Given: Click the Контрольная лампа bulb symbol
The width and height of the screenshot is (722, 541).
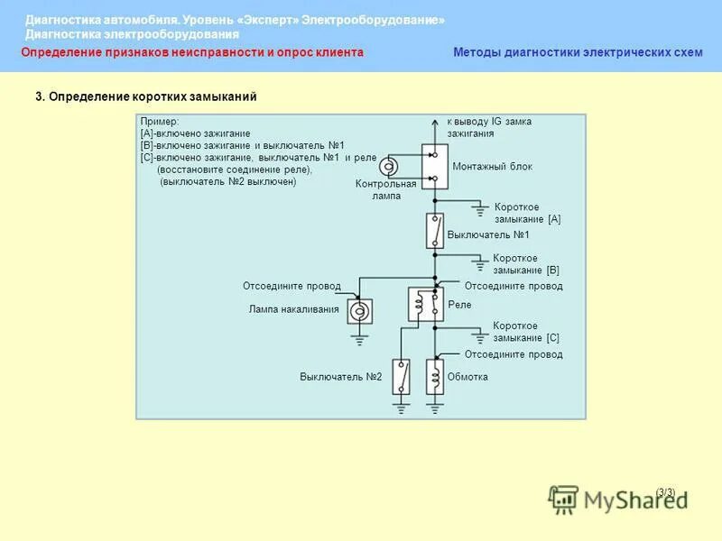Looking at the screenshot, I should click(389, 167).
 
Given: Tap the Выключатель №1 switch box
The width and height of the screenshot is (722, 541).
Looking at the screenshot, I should click(435, 232).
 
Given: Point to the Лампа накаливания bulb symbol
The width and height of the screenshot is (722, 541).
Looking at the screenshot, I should click(359, 311).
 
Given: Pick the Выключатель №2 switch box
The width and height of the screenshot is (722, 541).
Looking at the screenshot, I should click(403, 377).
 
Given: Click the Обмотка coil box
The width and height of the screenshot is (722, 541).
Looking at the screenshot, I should click(435, 377).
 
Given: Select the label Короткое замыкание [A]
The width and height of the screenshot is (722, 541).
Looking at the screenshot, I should click(527, 213).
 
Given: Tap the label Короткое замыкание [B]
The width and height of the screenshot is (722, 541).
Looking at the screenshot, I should click(526, 264).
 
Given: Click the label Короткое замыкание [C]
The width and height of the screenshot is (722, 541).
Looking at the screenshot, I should click(526, 332).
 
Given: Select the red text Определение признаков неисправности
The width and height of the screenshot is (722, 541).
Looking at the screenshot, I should click(191, 52).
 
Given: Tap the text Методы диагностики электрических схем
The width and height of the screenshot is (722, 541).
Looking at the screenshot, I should click(577, 52).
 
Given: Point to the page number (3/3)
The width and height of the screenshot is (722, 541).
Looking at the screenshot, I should click(665, 491).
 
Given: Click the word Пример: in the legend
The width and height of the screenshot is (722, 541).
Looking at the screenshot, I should click(160, 121).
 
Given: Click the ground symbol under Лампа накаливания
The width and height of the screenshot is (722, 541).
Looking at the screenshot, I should click(359, 340).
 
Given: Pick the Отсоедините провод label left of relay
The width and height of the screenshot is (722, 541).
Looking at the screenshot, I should click(292, 287).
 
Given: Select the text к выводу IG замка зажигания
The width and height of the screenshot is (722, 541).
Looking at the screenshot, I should click(489, 127).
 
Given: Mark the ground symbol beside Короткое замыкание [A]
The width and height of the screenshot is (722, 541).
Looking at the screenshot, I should click(479, 210).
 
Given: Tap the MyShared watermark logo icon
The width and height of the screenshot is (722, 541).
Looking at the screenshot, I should click(564, 499).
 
